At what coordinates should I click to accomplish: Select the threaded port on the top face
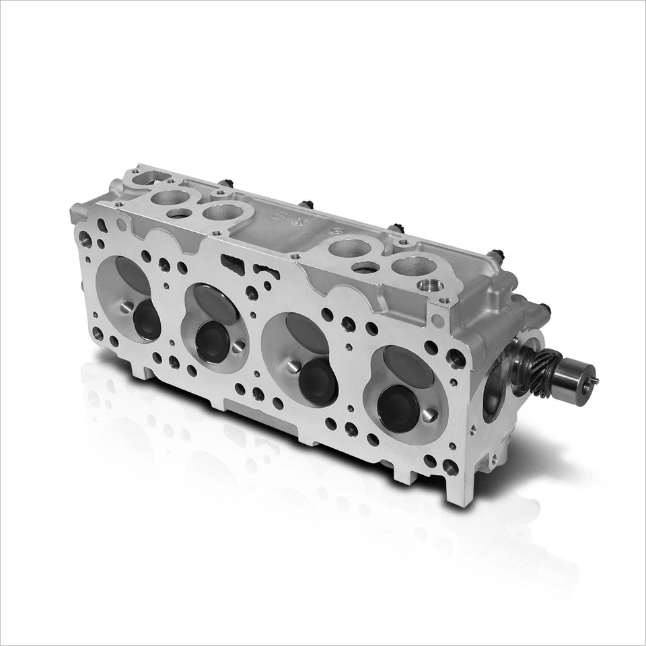429,286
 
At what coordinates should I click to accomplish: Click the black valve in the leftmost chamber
147,319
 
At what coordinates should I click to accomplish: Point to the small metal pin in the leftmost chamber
126,308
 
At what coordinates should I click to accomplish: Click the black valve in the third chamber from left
318,381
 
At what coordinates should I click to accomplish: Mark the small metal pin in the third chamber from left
293,367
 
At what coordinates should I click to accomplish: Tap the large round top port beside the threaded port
412,266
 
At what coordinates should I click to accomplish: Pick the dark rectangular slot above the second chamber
232,265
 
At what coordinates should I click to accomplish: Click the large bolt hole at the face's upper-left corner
85,238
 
